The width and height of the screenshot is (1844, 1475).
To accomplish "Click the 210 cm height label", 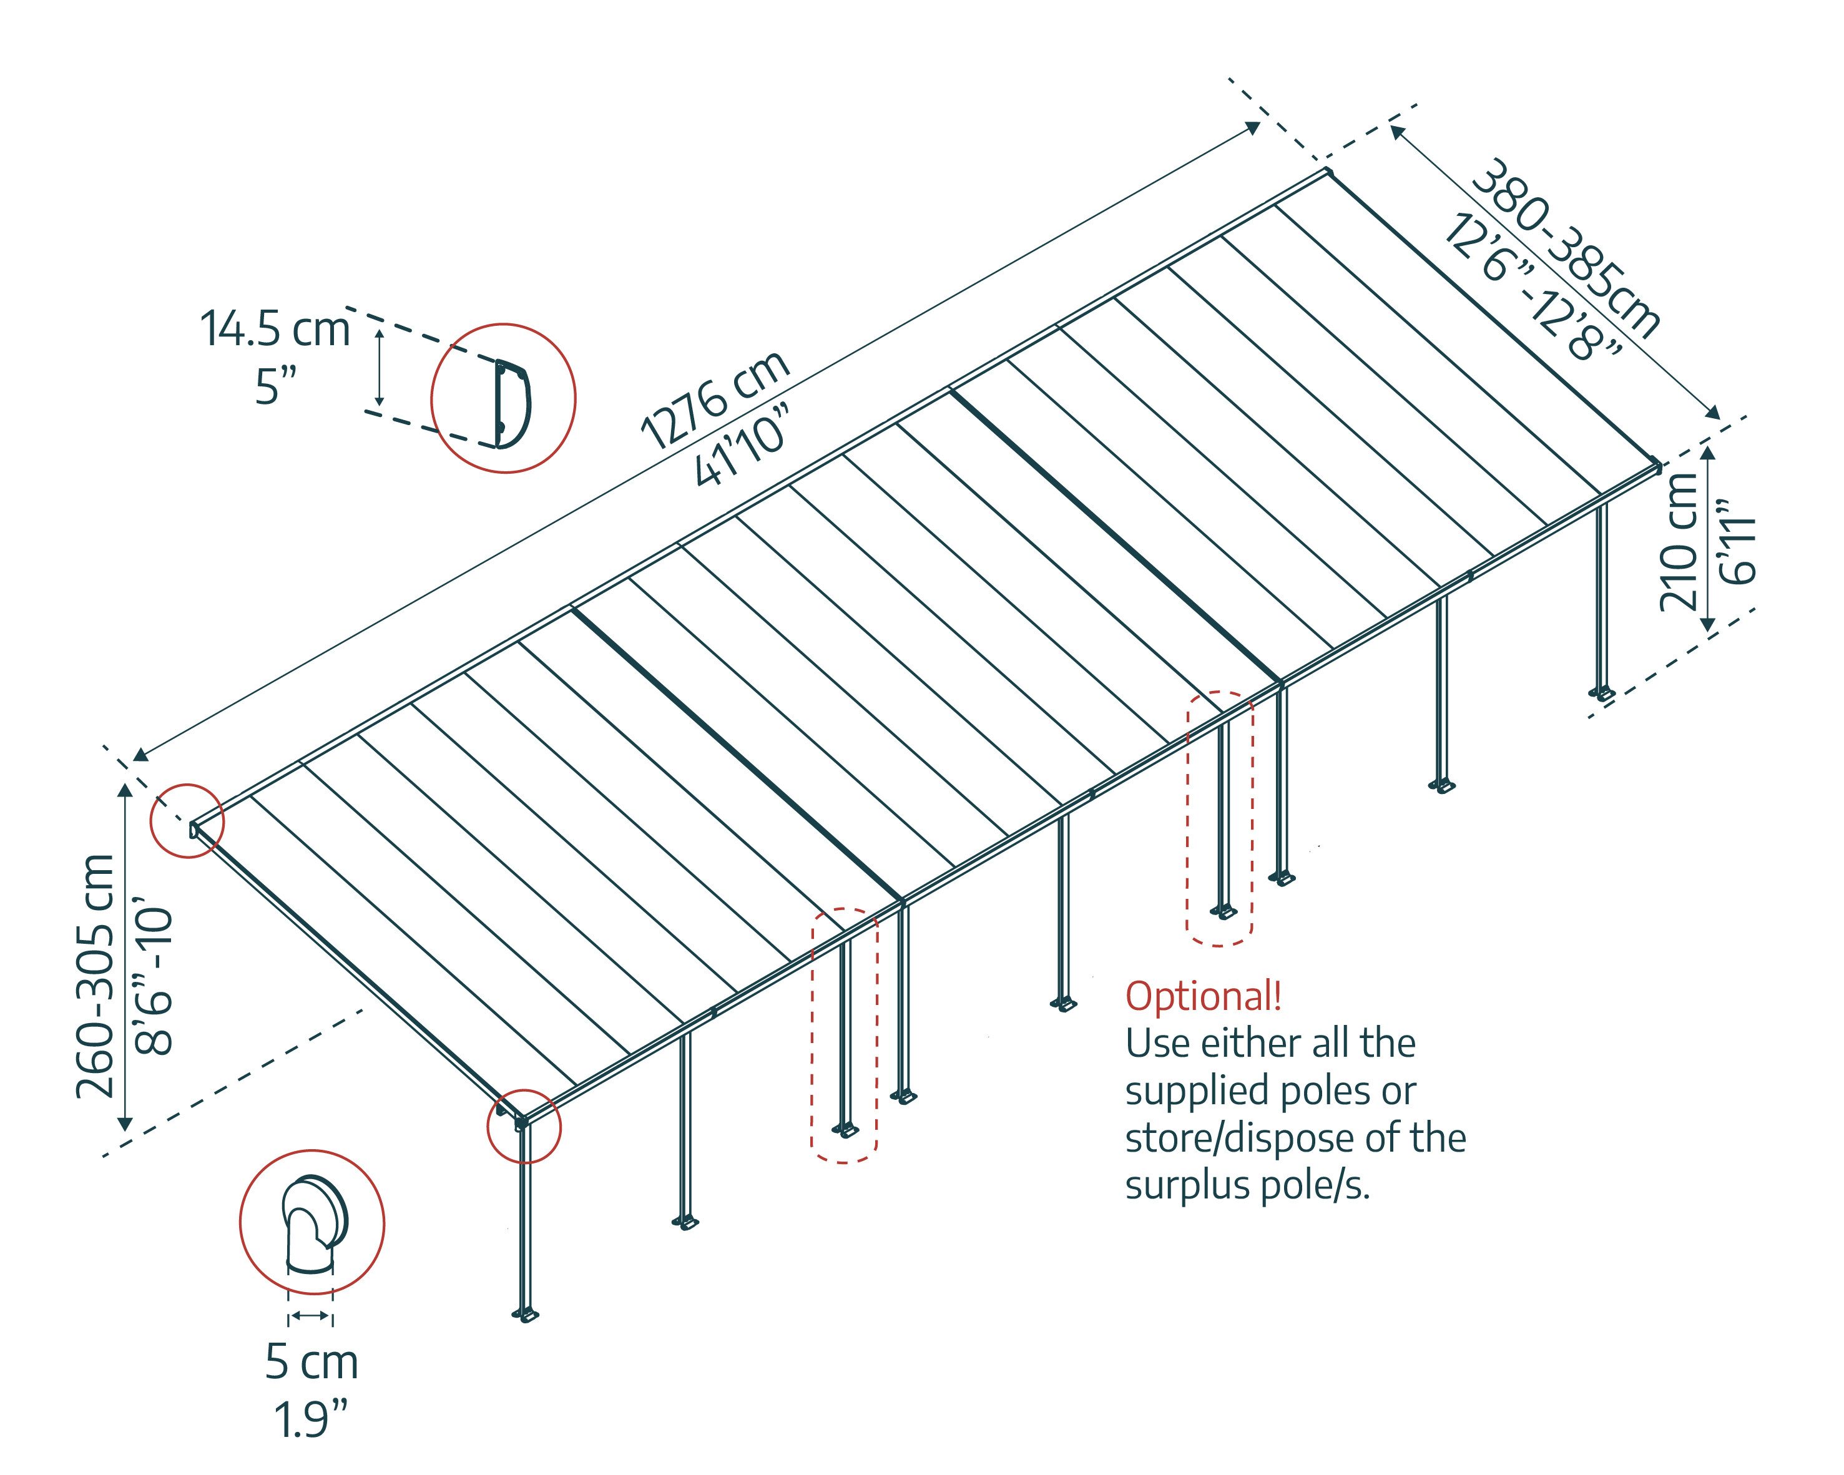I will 1678,541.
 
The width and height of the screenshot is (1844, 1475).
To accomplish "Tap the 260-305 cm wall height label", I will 95,975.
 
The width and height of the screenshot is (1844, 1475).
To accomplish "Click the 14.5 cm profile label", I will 275,329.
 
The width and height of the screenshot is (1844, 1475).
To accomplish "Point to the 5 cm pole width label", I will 311,1362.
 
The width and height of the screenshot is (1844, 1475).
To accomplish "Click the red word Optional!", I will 1204,996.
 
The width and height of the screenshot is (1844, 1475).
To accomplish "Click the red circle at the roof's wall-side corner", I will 187,820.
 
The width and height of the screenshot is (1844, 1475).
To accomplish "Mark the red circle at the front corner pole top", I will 524,1126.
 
